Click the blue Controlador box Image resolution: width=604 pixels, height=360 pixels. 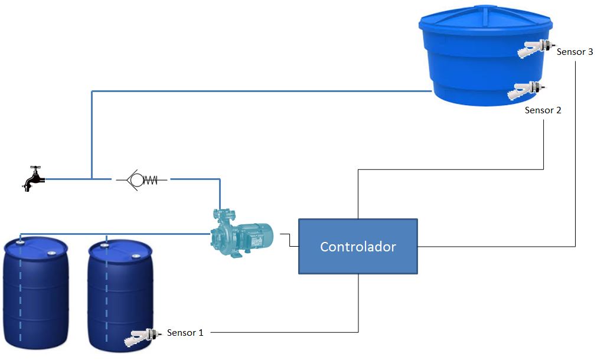(358, 246)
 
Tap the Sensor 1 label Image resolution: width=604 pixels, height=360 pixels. (185, 333)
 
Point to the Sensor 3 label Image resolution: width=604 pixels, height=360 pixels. (574, 52)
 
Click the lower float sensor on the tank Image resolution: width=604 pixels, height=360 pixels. (527, 91)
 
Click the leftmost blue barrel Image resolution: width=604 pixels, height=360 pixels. (35, 295)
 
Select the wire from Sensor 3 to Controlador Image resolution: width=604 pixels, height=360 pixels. (575, 177)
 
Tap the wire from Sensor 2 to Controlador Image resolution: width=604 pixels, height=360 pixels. (449, 170)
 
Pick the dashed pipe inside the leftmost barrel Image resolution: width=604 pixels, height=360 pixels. (21, 295)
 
